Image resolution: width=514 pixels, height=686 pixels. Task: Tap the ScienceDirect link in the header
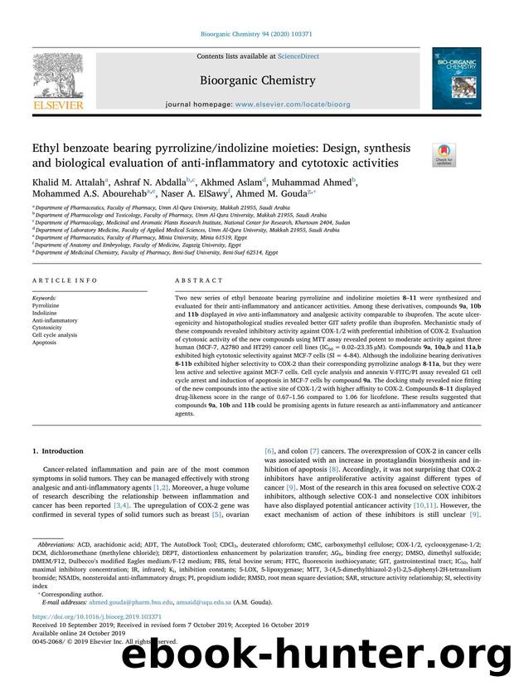(277, 56)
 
